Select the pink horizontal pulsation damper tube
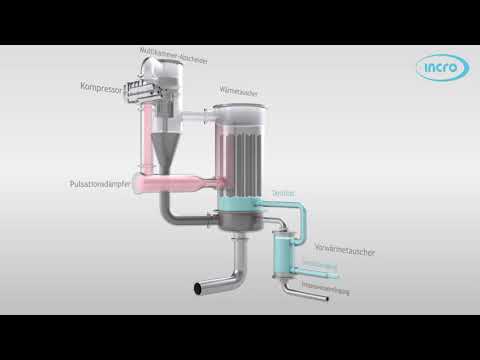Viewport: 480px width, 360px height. pos(185,185)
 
